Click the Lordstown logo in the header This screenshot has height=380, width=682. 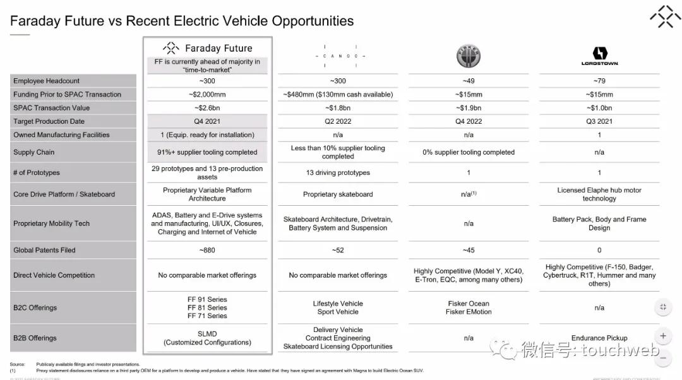[599, 56]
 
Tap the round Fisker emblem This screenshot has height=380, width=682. [469, 56]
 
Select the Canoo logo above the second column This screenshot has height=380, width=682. [338, 56]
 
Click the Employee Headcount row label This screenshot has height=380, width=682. [46, 81]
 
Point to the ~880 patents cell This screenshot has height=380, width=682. [207, 250]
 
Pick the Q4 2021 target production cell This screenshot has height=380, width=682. [207, 121]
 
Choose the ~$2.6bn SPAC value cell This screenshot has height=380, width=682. [207, 108]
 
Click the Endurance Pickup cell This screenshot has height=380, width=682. [599, 338]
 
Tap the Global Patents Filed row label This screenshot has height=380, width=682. [44, 250]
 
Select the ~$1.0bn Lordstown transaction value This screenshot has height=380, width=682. [599, 108]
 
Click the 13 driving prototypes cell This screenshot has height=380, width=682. [338, 172]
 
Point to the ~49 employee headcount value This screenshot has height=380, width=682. [469, 81]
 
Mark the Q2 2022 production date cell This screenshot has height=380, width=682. [338, 121]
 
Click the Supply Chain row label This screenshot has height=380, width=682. [33, 152]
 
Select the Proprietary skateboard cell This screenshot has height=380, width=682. [338, 194]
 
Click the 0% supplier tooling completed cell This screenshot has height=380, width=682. [469, 152]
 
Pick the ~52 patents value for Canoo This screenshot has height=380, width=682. [338, 250]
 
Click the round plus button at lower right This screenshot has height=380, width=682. [663, 336]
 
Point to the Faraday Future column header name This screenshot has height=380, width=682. [218, 48]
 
